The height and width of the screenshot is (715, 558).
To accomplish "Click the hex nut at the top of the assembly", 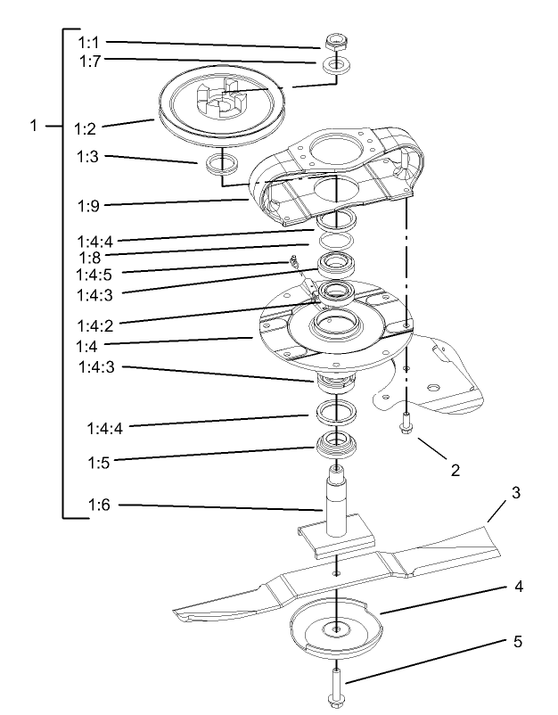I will pyautogui.click(x=335, y=41).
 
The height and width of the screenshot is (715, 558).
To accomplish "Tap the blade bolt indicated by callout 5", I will pyautogui.click(x=336, y=685).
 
